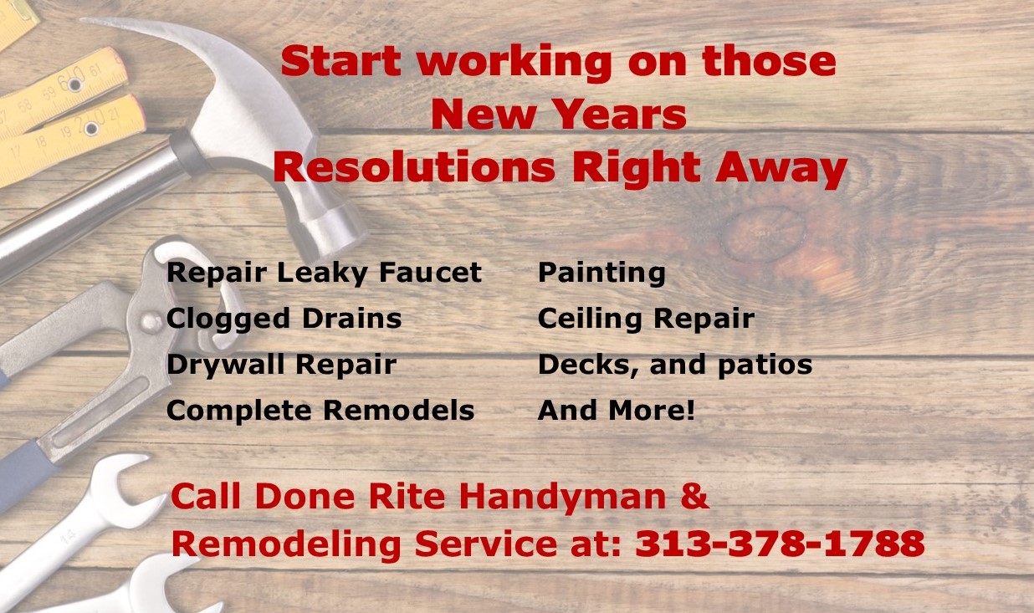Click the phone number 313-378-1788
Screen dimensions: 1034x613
coord(781,544)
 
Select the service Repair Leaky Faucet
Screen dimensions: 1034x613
coord(324,273)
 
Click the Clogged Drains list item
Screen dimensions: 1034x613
coord(284,319)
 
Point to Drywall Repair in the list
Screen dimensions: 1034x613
coord(282,365)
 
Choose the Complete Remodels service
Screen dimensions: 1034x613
coord(320,411)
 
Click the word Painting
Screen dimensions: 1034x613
coord(601,273)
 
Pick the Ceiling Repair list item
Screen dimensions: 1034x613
coord(646,319)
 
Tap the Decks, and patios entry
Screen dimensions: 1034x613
coord(675,365)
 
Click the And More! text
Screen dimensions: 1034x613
coord(617,410)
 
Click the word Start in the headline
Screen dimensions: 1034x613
coord(340,60)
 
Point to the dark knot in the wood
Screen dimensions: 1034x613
coord(763,232)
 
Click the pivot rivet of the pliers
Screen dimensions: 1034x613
coord(151,323)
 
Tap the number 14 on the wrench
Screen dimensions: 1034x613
coord(68,537)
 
